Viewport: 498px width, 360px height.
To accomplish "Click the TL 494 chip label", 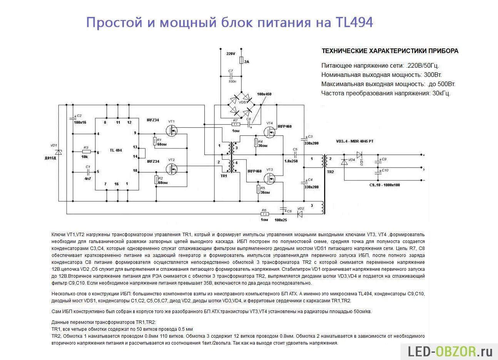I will [115, 150].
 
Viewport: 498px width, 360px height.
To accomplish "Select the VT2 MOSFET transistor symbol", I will [173, 169].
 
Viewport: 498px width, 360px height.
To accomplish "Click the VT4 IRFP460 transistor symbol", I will [270, 132].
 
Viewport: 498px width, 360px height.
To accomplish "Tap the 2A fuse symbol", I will [241, 60].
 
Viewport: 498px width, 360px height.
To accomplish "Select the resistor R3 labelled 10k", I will [86, 152].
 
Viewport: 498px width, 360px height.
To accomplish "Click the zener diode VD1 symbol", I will [59, 152].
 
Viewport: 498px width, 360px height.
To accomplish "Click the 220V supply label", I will [231, 54].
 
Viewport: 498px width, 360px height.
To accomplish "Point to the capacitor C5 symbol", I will [295, 155].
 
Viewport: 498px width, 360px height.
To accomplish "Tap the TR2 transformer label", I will [330, 172].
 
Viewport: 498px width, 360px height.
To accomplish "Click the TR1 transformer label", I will [224, 176].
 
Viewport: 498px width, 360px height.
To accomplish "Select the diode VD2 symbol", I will [299, 214].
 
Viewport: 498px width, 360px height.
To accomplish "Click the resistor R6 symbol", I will [265, 214].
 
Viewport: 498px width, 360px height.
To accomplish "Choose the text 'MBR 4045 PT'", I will [361, 141].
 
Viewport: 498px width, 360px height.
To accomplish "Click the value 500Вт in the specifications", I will [446, 84].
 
